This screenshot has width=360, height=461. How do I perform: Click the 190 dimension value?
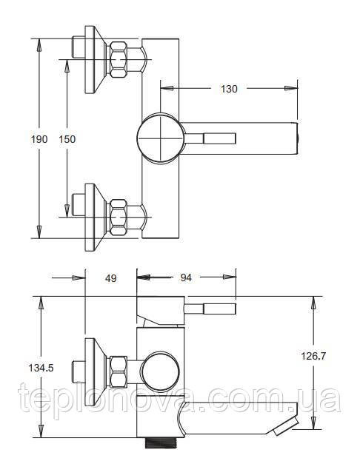39,139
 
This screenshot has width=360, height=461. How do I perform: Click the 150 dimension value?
67,139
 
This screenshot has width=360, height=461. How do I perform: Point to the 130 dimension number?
229,89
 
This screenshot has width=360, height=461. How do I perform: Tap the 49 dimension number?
110,278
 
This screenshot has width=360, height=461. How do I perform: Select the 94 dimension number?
186,277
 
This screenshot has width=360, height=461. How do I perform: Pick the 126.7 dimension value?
313,356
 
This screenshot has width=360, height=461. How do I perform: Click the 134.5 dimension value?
41,368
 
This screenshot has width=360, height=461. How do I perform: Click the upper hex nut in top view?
119,59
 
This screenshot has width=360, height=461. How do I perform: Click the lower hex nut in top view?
119,218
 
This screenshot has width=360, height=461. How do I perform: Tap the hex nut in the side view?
119,372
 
